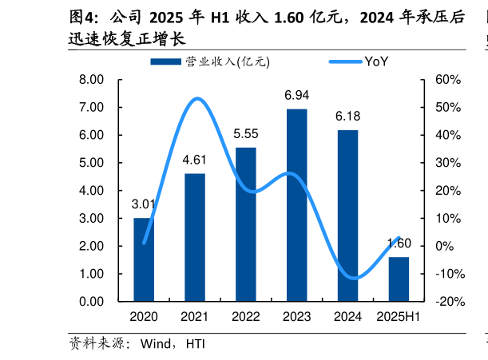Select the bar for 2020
pyautogui.click(x=144, y=259)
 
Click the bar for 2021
pyautogui.click(x=194, y=237)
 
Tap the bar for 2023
pyautogui.click(x=296, y=205)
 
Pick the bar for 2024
pyautogui.click(x=347, y=216)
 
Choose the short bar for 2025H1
pyautogui.click(x=399, y=279)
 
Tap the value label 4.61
pyautogui.click(x=194, y=160)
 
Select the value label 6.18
pyautogui.click(x=347, y=117)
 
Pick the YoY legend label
pyautogui.click(x=376, y=61)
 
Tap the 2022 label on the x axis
pyautogui.click(x=245, y=317)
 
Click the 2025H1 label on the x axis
pyautogui.click(x=399, y=317)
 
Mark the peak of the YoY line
pyautogui.click(x=196, y=99)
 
